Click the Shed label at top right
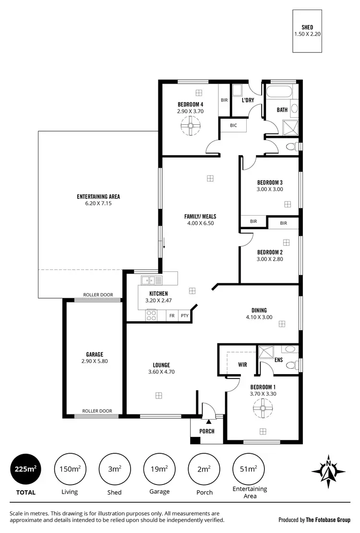[307, 27]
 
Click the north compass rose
[329, 468]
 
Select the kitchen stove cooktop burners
[151, 315]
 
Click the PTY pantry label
[184, 316]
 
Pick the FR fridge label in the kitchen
[171, 316]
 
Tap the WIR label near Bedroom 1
[242, 365]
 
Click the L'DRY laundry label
[248, 100]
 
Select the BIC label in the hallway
[233, 125]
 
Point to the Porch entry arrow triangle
[209, 421]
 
